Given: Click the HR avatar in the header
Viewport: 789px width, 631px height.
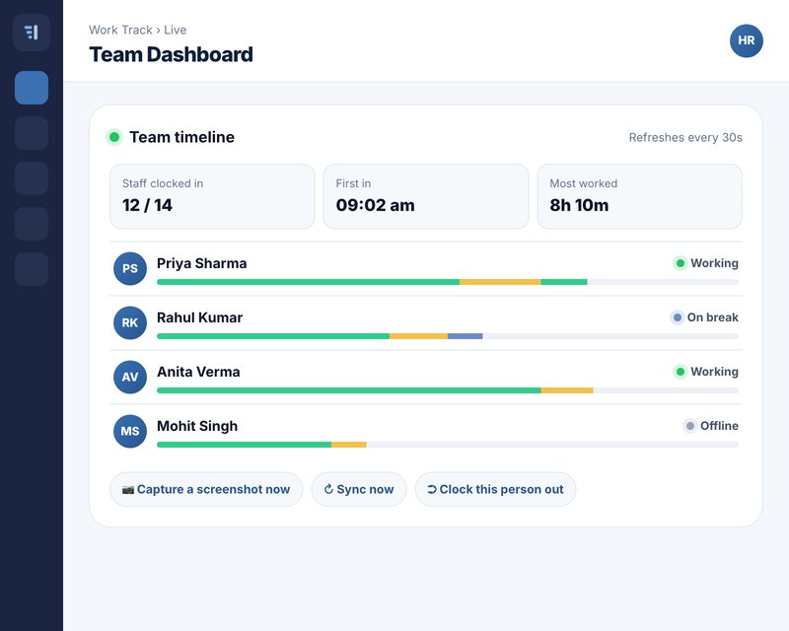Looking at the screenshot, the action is click(x=747, y=40).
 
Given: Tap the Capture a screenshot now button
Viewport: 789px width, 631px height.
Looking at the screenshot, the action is click(x=206, y=489).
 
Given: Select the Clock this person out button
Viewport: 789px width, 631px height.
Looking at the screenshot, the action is click(x=495, y=489).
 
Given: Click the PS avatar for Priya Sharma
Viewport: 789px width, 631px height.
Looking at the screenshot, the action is click(x=130, y=269).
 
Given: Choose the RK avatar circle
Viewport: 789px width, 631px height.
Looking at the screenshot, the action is click(x=130, y=323).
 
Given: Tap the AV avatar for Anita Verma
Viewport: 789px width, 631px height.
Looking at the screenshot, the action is click(x=130, y=377).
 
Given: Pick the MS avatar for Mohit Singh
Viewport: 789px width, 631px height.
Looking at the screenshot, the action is click(x=130, y=431).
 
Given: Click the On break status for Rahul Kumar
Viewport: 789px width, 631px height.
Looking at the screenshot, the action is click(x=704, y=317).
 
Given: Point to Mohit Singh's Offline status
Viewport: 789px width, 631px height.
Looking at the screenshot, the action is click(x=711, y=426).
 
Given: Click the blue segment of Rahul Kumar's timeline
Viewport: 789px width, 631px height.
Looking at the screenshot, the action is click(x=465, y=336).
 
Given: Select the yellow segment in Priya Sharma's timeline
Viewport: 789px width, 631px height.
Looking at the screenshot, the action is click(x=500, y=282).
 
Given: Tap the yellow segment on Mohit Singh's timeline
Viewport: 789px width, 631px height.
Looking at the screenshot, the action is click(x=349, y=445).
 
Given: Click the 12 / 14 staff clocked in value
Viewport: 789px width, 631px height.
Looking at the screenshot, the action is click(x=147, y=205).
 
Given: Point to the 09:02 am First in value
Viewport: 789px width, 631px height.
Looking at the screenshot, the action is click(x=376, y=205).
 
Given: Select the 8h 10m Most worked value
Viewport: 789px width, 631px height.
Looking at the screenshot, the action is click(x=579, y=205).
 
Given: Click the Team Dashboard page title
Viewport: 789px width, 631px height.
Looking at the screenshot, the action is click(x=171, y=54).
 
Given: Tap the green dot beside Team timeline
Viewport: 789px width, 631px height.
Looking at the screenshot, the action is click(x=114, y=137).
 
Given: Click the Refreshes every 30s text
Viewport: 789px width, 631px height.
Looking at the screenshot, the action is click(x=685, y=137).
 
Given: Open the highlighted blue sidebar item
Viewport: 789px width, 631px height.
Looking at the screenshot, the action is click(x=32, y=88).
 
